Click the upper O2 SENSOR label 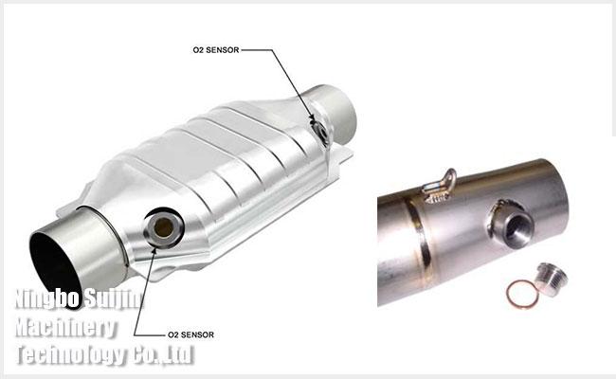pos(216,50)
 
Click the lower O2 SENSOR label pos(190,334)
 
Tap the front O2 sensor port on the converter pos(163,227)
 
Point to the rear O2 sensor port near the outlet pos(320,131)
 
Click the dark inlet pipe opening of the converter pos(52,266)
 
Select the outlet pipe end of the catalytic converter pos(333,113)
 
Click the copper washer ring pos(522,294)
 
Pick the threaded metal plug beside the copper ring pos(551,279)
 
